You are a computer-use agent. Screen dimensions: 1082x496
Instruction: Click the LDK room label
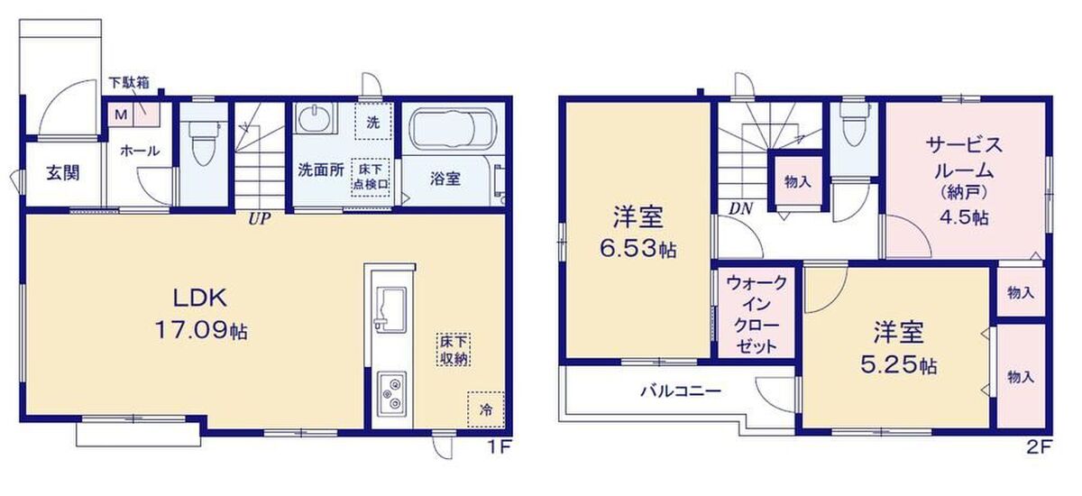(200, 298)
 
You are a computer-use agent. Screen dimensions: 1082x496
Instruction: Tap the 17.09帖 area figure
(201, 331)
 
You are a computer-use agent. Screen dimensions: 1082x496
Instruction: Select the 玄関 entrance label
(63, 172)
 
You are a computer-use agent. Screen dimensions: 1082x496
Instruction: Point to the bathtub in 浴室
(453, 127)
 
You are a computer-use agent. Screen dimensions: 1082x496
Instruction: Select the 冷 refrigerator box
(485, 409)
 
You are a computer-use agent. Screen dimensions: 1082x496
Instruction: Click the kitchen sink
(390, 308)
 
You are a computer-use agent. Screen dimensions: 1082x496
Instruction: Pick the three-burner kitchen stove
(391, 393)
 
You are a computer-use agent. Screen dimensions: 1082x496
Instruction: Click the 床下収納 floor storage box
(453, 350)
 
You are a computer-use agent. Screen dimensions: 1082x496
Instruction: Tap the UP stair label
(259, 220)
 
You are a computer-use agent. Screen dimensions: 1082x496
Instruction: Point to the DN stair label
(740, 208)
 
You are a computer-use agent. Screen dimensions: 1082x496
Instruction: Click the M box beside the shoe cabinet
(120, 115)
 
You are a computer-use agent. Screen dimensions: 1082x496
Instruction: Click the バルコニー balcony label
(681, 390)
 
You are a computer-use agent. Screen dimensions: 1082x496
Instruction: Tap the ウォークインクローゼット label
(756, 315)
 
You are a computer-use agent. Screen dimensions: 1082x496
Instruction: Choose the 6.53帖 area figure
(637, 249)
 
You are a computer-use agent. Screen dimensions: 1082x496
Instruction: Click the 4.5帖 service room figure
(964, 217)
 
